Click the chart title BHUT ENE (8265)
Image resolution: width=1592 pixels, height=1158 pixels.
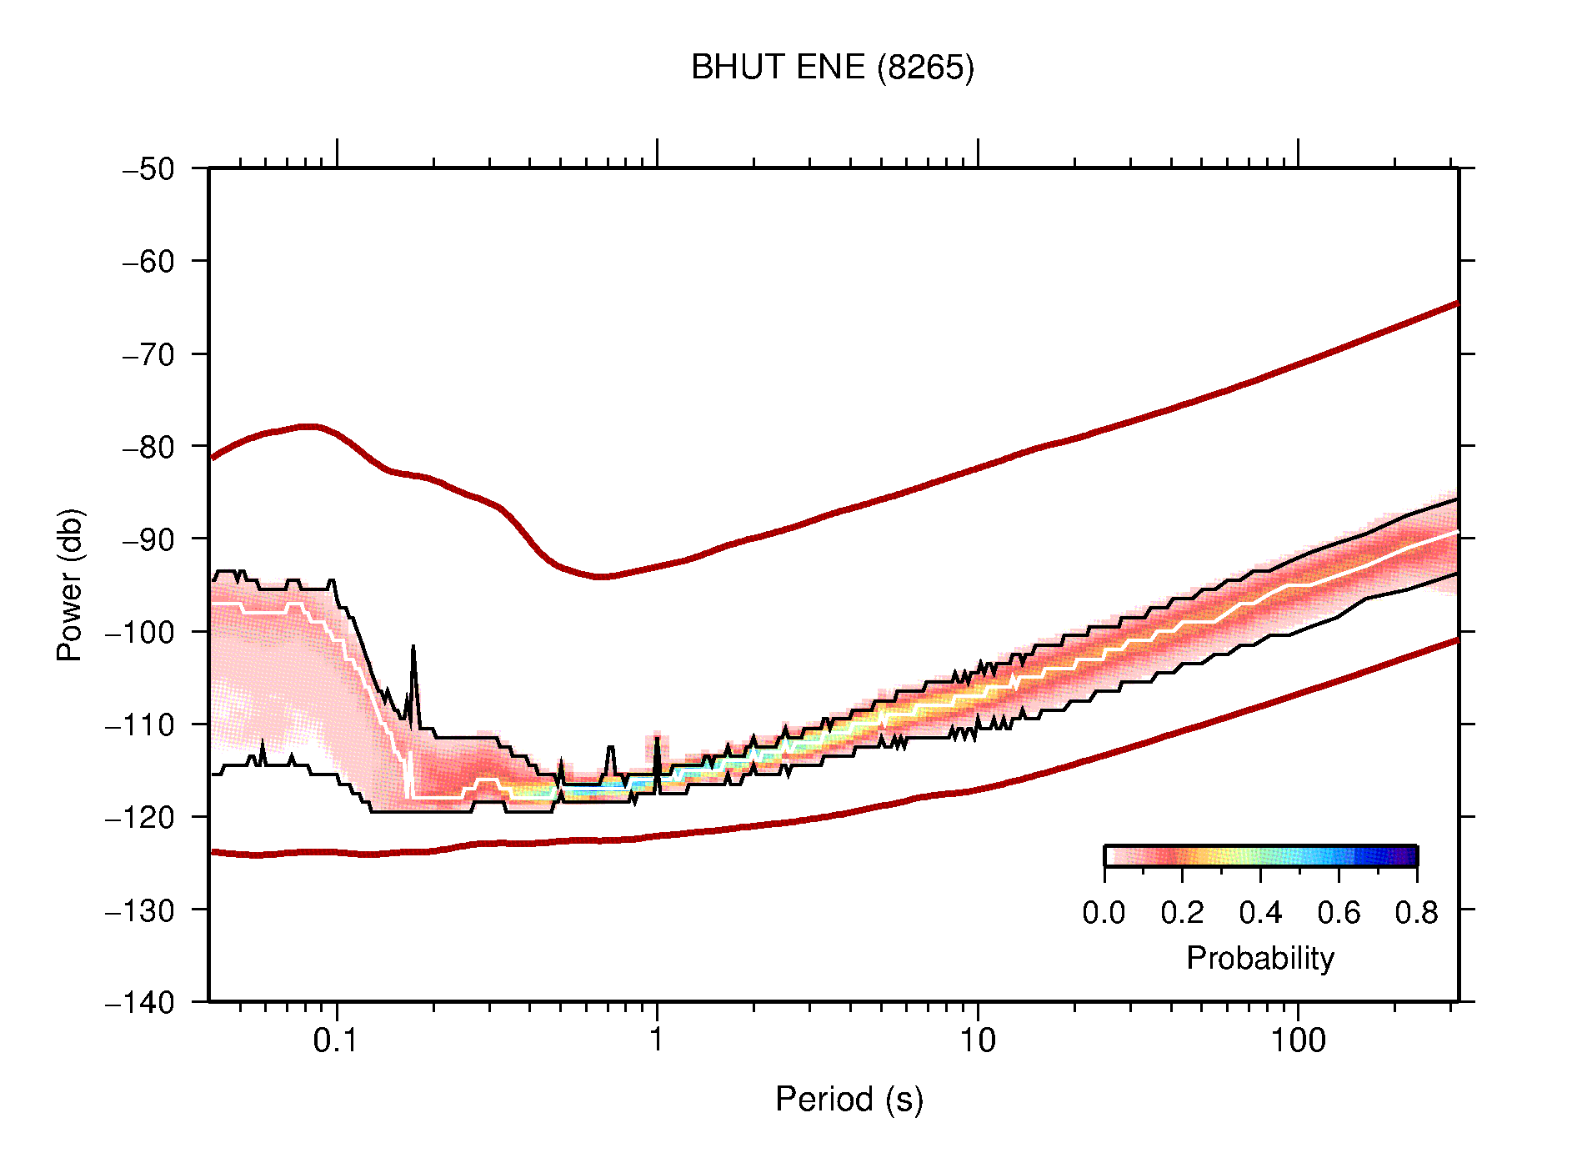(832, 68)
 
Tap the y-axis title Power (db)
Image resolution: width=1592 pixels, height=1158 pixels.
(70, 584)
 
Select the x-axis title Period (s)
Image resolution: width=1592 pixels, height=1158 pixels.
(849, 1100)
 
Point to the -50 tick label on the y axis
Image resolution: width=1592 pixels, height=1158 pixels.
(148, 169)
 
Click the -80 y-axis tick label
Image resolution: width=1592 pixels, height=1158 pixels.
(148, 447)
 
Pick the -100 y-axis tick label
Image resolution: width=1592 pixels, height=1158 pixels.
(140, 632)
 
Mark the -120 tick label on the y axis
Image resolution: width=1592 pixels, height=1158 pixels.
(140, 817)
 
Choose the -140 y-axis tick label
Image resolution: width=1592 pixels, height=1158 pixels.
(140, 1002)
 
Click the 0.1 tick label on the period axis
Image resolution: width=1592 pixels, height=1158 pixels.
(336, 1041)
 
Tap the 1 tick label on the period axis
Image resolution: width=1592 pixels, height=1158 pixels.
(657, 1041)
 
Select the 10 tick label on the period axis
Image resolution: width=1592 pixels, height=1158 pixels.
(977, 1041)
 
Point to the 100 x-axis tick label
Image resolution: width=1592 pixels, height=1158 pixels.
(1297, 1041)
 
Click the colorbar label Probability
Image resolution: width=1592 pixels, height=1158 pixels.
(1259, 959)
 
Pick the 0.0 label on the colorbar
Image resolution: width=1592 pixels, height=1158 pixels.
(1104, 914)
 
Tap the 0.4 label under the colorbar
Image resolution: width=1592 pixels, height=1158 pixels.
(1260, 914)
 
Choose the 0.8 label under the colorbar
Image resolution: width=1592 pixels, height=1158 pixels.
(1416, 914)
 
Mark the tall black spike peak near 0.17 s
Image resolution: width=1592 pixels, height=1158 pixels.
(413, 647)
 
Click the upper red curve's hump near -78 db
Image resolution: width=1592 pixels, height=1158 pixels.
(308, 426)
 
